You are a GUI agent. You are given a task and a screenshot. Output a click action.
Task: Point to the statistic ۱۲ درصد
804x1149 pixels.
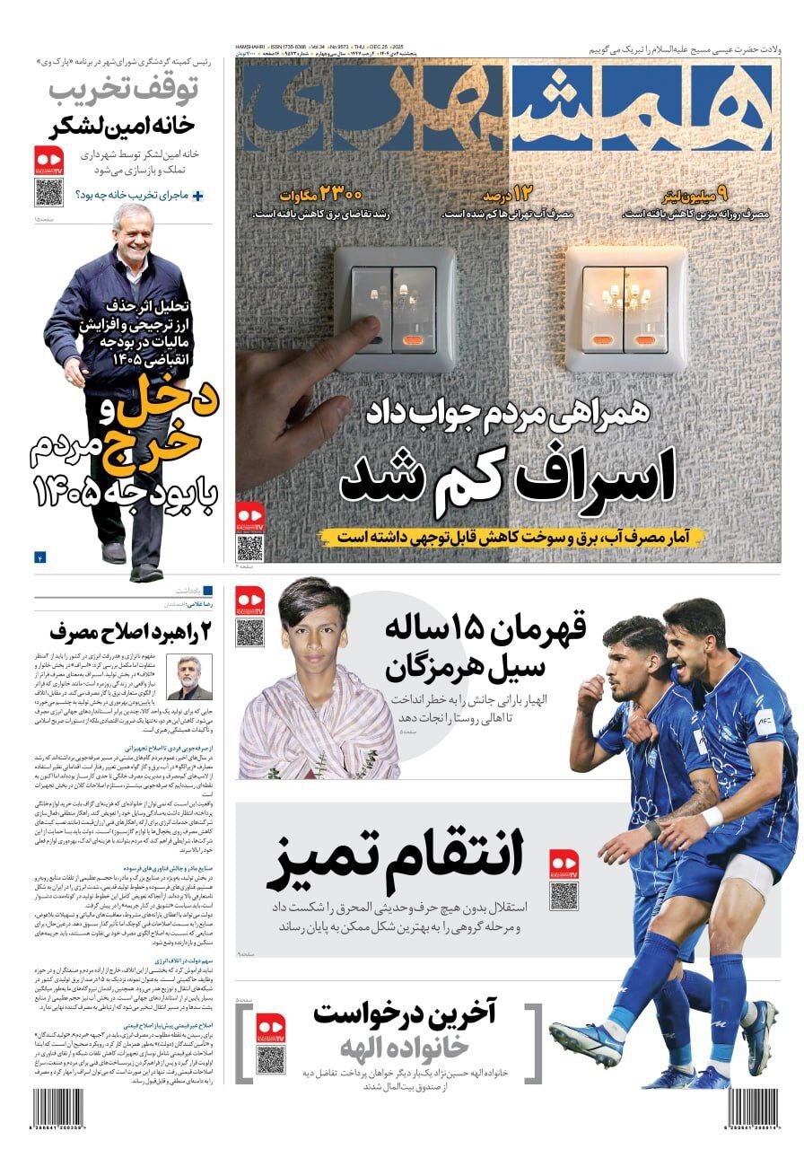[x=508, y=194]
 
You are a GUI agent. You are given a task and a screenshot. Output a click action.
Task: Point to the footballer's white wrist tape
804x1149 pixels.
[x=712, y=817]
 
